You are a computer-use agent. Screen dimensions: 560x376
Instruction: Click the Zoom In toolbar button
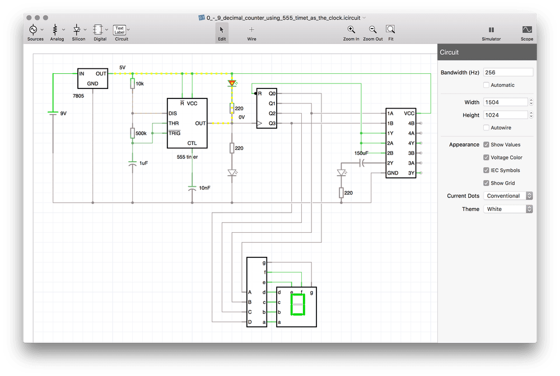pyautogui.click(x=351, y=33)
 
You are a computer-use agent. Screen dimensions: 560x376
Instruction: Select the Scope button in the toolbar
pyautogui.click(x=527, y=33)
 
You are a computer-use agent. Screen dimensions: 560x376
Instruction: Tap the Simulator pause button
pyautogui.click(x=492, y=33)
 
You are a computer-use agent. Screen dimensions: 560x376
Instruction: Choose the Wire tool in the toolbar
pyautogui.click(x=251, y=33)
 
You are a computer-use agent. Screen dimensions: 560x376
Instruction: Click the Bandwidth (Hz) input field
pyautogui.click(x=508, y=72)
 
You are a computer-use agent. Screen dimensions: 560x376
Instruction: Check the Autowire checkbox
pyautogui.click(x=486, y=128)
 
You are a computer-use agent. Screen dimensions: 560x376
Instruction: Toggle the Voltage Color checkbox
pyautogui.click(x=486, y=157)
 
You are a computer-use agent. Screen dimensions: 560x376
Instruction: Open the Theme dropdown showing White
pyautogui.click(x=508, y=209)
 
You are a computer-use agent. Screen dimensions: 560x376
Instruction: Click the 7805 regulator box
pyautogui.click(x=92, y=78)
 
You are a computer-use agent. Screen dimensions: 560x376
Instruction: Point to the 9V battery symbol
pyautogui.click(x=53, y=113)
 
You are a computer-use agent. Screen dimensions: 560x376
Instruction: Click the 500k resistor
pyautogui.click(x=133, y=133)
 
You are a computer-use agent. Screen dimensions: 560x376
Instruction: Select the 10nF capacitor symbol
pyautogui.click(x=192, y=188)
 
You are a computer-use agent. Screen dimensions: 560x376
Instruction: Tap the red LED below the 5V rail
pyautogui.click(x=232, y=83)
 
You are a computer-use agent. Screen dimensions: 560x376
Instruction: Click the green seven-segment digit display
pyautogui.click(x=297, y=304)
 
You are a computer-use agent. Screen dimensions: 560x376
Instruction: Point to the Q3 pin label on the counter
pyautogui.click(x=272, y=124)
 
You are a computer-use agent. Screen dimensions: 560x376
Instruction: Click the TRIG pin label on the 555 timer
pyautogui.click(x=174, y=133)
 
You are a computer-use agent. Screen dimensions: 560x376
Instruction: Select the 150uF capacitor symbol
pyautogui.click(x=362, y=163)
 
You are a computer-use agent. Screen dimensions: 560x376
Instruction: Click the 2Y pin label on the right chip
pyautogui.click(x=390, y=163)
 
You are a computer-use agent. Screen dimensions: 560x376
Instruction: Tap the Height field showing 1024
pyautogui.click(x=505, y=115)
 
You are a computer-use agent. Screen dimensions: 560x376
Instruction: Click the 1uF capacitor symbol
pyautogui.click(x=133, y=163)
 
